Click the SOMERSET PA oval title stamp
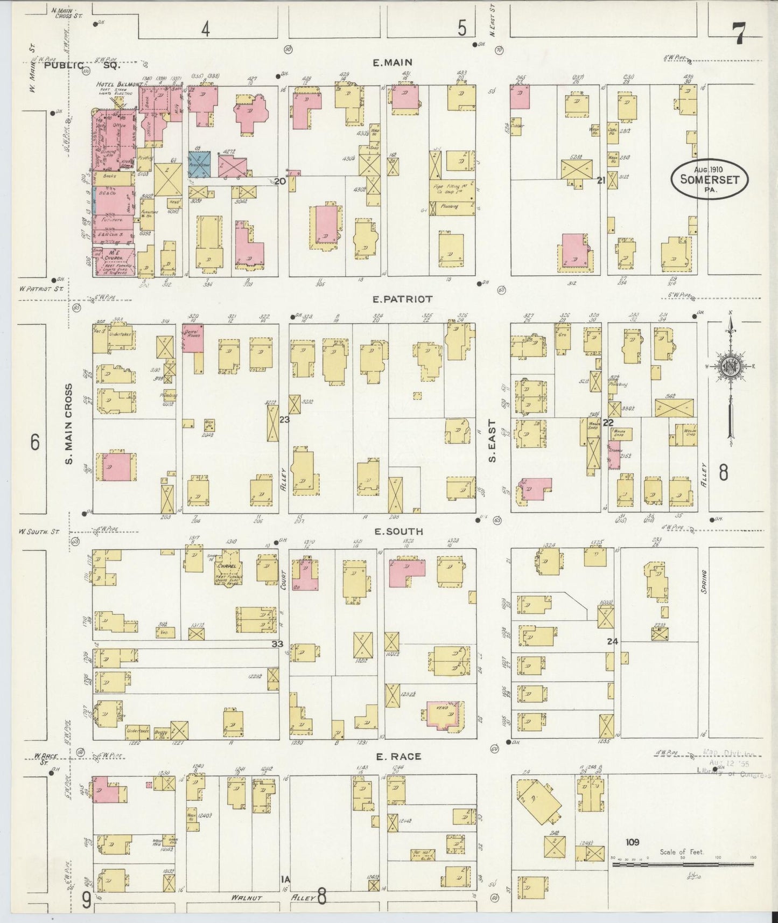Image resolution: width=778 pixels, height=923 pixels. point(709,179)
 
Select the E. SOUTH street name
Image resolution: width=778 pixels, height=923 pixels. point(398,532)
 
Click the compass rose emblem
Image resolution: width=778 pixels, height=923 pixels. point(731,367)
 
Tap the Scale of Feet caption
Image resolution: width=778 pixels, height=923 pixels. point(682,852)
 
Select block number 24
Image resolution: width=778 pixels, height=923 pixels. point(612,641)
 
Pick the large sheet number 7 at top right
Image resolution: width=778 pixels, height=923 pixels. point(739,36)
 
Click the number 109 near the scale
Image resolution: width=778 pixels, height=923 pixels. point(632,842)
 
